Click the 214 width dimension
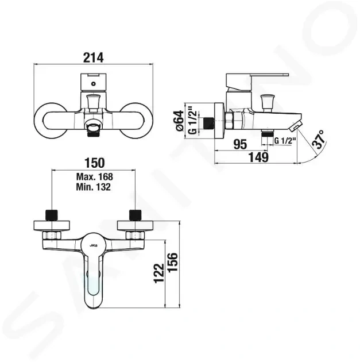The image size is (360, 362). tap(93, 57)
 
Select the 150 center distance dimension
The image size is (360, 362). tap(95, 163)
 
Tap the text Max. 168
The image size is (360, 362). tap(95, 177)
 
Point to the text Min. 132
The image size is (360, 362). tap(94, 187)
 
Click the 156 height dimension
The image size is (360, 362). tap(173, 262)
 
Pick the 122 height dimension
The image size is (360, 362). tap(159, 273)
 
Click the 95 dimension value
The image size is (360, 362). tap(240, 145)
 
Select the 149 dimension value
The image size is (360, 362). tap(258, 157)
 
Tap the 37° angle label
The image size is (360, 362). tap(319, 139)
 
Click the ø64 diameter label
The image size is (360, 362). tap(180, 121)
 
